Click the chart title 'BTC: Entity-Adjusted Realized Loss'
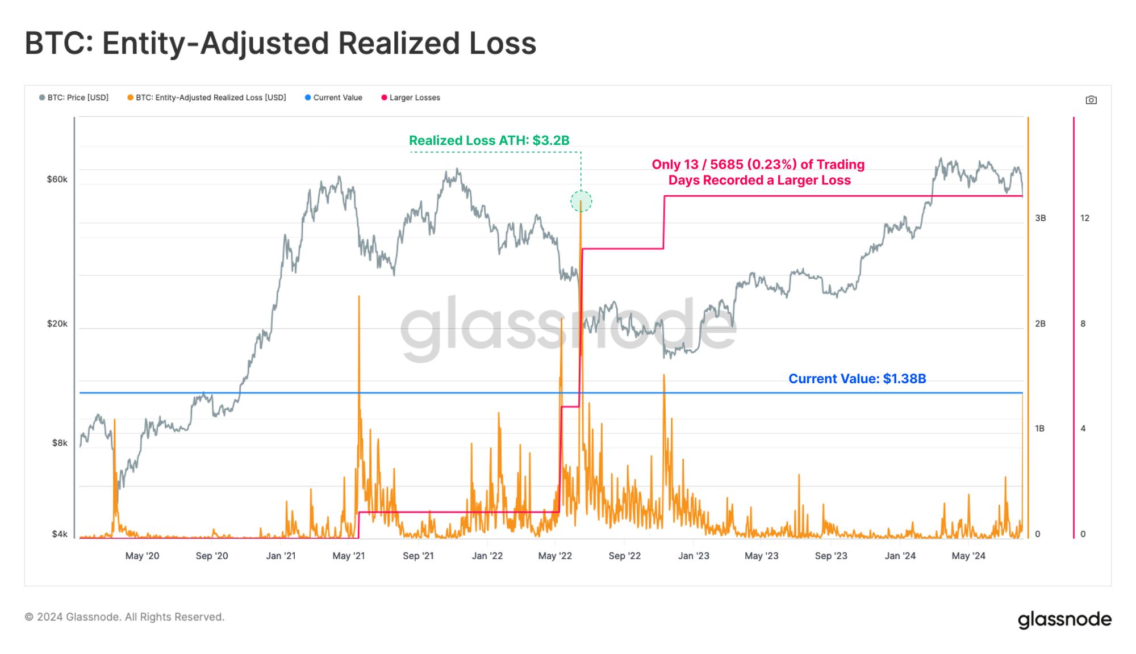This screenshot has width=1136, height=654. pyautogui.click(x=281, y=43)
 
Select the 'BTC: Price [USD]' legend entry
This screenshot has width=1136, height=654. pyautogui.click(x=74, y=98)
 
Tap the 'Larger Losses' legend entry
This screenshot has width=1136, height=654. pyautogui.click(x=411, y=98)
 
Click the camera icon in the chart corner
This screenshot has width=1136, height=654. pyautogui.click(x=1091, y=100)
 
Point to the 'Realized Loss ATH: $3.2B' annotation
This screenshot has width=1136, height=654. pyautogui.click(x=489, y=140)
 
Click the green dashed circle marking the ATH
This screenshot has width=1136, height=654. pyautogui.click(x=581, y=201)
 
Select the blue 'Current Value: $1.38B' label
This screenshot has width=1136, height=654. pyautogui.click(x=857, y=379)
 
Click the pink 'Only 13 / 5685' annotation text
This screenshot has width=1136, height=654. pyautogui.click(x=758, y=172)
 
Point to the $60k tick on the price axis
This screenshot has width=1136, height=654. pyautogui.click(x=57, y=179)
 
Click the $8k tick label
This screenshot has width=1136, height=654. pyautogui.click(x=60, y=443)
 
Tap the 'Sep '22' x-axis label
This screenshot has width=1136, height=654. pyautogui.click(x=624, y=556)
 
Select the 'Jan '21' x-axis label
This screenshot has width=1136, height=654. pyautogui.click(x=281, y=556)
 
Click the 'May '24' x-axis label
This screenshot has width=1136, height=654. pyautogui.click(x=968, y=556)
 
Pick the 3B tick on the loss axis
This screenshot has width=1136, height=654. pyautogui.click(x=1040, y=218)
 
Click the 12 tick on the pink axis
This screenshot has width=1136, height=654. pyautogui.click(x=1084, y=218)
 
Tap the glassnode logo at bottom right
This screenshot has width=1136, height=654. pyautogui.click(x=1064, y=619)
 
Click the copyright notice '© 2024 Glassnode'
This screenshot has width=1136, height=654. pyautogui.click(x=124, y=617)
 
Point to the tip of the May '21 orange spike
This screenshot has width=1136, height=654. pyautogui.click(x=359, y=296)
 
